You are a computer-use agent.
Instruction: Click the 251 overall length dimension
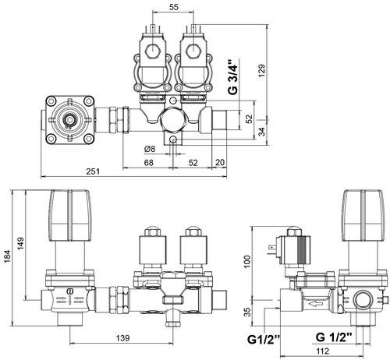pyautogui.click(x=93, y=171)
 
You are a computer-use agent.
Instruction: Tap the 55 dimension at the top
pyautogui.click(x=174, y=7)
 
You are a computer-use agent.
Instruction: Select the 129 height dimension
pyautogui.click(x=262, y=70)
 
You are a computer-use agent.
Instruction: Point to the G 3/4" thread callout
pyautogui.click(x=232, y=77)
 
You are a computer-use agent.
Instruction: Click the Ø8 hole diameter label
pyautogui.click(x=150, y=149)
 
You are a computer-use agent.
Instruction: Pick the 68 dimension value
pyautogui.click(x=148, y=163)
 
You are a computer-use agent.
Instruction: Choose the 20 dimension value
pyautogui.click(x=220, y=162)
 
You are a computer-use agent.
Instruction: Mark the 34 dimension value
pyautogui.click(x=262, y=132)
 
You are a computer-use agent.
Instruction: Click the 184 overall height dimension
pyautogui.click(x=8, y=256)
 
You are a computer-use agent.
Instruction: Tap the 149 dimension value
pyautogui.click(x=20, y=243)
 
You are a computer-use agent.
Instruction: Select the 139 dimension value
pyautogui.click(x=122, y=338)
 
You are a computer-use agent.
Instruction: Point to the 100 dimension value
pyautogui.click(x=247, y=262)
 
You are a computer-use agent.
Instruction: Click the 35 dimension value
pyautogui.click(x=248, y=312)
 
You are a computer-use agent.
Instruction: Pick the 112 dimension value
pyautogui.click(x=322, y=351)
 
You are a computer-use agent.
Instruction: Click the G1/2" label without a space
pyautogui.click(x=264, y=340)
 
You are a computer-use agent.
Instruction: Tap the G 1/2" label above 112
pyautogui.click(x=334, y=337)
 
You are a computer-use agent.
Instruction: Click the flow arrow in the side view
pyautogui.click(x=315, y=303)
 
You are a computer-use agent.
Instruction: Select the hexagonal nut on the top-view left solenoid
pyautogui.click(x=153, y=51)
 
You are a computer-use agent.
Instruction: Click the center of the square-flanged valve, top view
pyautogui.click(x=69, y=120)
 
